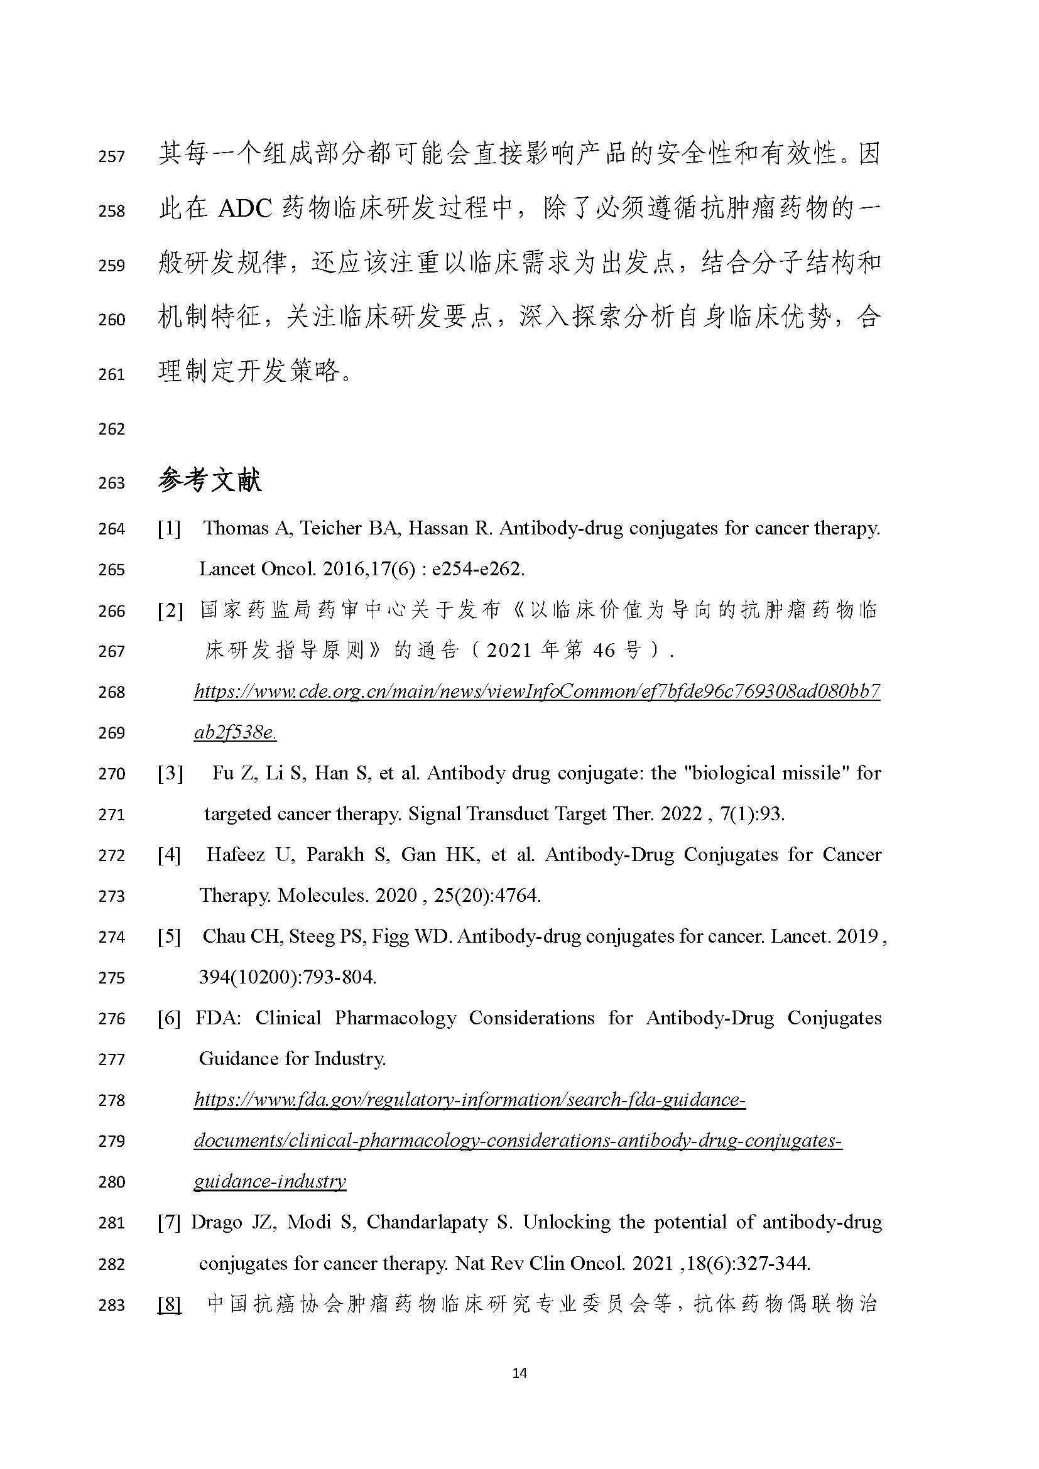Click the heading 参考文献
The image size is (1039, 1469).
click(x=210, y=480)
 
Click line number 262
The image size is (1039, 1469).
click(x=111, y=429)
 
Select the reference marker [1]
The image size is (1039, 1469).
click(x=170, y=528)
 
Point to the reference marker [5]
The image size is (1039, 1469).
click(x=170, y=936)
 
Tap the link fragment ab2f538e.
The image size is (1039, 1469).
click(x=235, y=732)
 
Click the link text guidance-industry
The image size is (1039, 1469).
click(x=269, y=1182)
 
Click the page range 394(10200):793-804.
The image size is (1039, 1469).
click(x=287, y=978)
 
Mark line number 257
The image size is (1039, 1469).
click(x=111, y=156)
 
